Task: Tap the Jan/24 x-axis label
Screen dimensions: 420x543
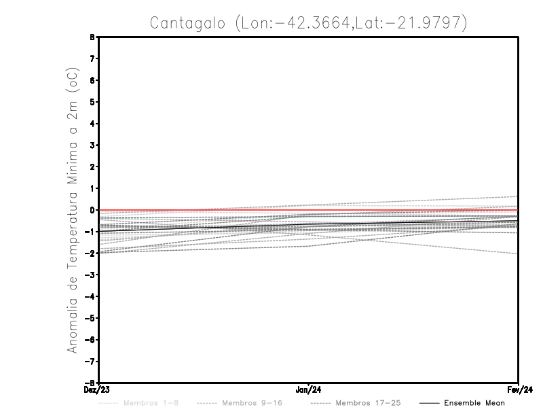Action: (x=309, y=390)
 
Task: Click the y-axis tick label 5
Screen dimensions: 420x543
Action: (x=93, y=102)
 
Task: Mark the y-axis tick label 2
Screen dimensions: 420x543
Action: (x=93, y=167)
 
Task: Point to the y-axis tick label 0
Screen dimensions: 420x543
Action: (x=93, y=210)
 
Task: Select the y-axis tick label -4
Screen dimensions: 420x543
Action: (x=92, y=296)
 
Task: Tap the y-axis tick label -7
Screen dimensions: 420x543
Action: (x=92, y=361)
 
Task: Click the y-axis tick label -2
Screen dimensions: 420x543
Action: (x=92, y=253)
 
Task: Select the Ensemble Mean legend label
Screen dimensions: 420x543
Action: (x=474, y=403)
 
